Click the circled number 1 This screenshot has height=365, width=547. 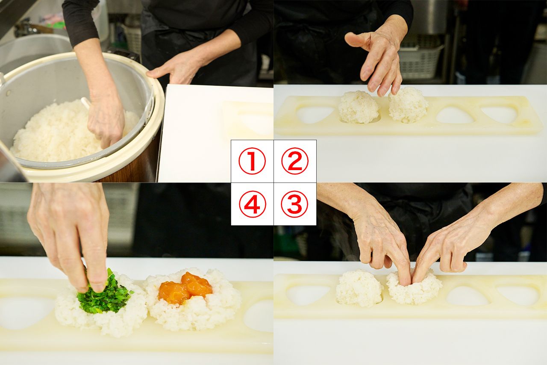pyautogui.click(x=252, y=161)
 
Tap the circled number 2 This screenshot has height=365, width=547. pyautogui.click(x=295, y=161)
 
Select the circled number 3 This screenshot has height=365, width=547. pyautogui.click(x=295, y=204)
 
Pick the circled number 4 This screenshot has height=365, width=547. pyautogui.click(x=252, y=204)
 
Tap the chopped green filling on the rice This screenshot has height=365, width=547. pyautogui.click(x=105, y=297)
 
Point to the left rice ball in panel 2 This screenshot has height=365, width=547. pyautogui.click(x=358, y=107)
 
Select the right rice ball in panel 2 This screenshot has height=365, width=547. pyautogui.click(x=408, y=105)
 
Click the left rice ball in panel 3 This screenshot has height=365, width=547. pyautogui.click(x=359, y=288)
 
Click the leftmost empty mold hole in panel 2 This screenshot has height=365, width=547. pyautogui.click(x=315, y=114)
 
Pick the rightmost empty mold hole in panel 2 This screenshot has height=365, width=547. pyautogui.click(x=499, y=114)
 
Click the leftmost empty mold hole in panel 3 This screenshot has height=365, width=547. pyautogui.click(x=308, y=295)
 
